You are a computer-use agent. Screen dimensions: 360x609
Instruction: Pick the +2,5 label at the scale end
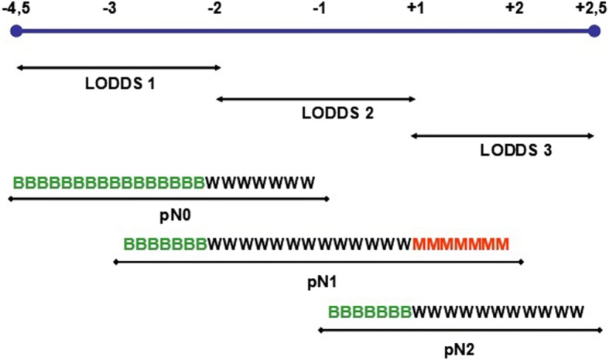coord(592,9)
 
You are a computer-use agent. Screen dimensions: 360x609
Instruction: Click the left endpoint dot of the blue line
coord(14,32)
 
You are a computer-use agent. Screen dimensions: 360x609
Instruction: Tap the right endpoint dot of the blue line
coord(594,32)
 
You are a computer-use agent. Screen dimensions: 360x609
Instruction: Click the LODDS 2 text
coord(339,114)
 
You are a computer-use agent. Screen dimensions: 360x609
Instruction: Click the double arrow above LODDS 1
coord(118,68)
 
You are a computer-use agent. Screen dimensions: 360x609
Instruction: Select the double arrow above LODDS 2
coord(316,99)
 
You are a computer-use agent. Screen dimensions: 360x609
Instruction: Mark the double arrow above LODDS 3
coord(502,135)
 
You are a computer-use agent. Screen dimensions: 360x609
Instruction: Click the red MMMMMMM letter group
coord(461,245)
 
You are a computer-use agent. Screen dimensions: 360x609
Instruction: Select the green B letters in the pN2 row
coord(369,313)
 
